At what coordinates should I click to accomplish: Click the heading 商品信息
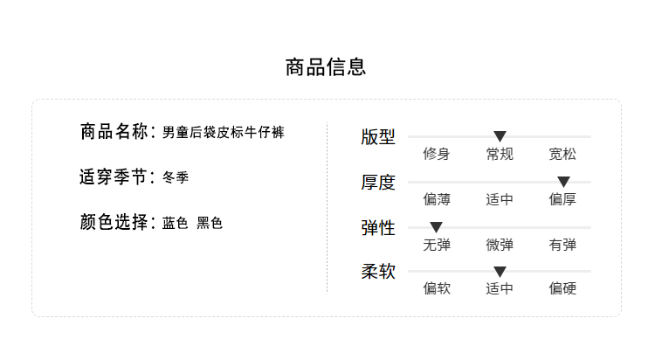coord(326,67)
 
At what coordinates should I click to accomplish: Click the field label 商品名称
coord(114,132)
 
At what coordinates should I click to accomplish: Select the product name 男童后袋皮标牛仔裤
coord(224,133)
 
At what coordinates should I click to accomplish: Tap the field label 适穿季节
coord(114,177)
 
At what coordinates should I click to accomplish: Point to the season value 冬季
coord(176,178)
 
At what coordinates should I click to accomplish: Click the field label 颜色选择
coord(114,223)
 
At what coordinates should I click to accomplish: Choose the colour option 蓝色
coord(176,224)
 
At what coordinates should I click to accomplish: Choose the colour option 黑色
coord(210,224)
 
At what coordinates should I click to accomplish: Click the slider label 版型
coord(378,137)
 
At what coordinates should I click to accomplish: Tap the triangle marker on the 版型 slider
coord(500,136)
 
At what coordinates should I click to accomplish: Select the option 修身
coord(437,155)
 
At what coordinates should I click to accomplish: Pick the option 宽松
coord(562,155)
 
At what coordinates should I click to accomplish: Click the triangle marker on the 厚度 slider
coord(563,182)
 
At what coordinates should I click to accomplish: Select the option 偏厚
coord(562,200)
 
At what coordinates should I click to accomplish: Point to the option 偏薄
coord(437,200)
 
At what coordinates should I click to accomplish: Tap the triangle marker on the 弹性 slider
coord(437,227)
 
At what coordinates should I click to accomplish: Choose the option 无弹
coord(437,246)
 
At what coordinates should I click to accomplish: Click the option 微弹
coord(500,246)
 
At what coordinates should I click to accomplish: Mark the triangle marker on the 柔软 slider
coord(500,272)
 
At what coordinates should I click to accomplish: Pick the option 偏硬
coord(562,289)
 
